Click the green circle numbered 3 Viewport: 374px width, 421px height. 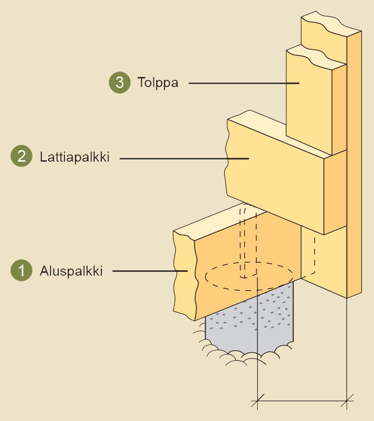click(119, 82)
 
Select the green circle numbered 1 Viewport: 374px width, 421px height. click(21, 271)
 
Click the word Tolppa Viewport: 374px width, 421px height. click(158, 83)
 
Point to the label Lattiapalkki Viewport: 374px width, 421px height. click(75, 157)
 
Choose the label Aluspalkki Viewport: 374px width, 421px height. click(71, 271)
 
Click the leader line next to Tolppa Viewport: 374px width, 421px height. click(240, 83)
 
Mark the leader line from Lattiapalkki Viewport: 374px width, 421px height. click(183, 158)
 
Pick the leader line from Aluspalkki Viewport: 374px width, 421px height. click(149, 272)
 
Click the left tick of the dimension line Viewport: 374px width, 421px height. click(258, 399)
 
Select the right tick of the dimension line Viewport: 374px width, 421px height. click(347, 399)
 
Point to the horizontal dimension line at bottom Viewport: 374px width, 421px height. click(303, 399)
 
